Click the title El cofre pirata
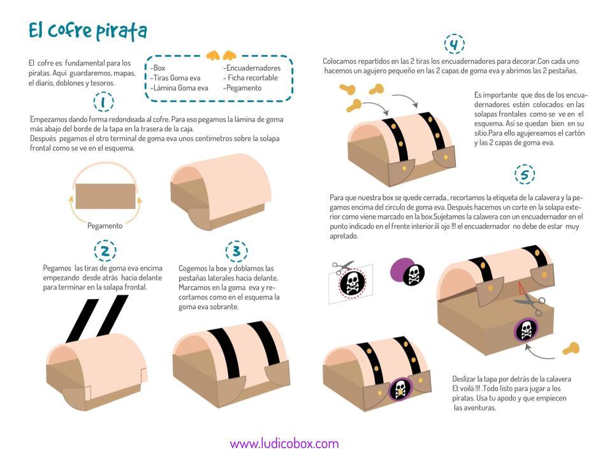click(x=88, y=30)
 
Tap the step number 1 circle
click(x=103, y=102)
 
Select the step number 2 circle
click(x=105, y=251)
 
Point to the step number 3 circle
click(x=236, y=251)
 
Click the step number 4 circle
click(x=454, y=45)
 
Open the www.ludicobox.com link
click(x=284, y=444)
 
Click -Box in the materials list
click(x=158, y=68)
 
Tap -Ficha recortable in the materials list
click(x=251, y=78)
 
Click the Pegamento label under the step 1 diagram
click(x=105, y=226)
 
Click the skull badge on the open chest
click(x=526, y=330)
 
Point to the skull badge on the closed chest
click(x=400, y=389)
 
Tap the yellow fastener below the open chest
click(x=571, y=348)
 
